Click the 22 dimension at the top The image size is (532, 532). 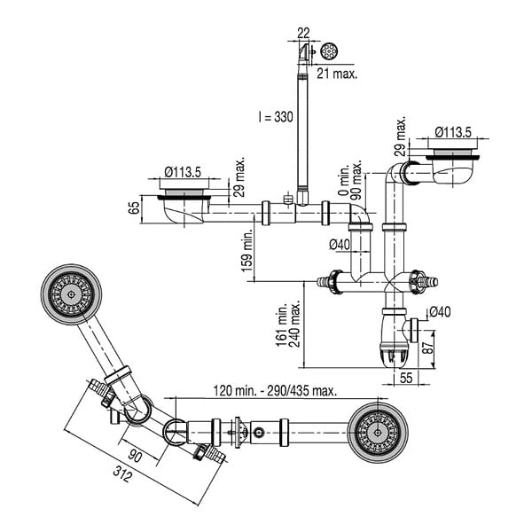(303, 33)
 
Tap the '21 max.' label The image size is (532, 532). (337, 74)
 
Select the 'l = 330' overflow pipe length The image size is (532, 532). (276, 117)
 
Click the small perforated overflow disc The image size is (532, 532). (329, 51)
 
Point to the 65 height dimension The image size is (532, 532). (135, 207)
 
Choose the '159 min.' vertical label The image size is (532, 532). (246, 250)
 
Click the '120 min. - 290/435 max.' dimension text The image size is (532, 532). (275, 391)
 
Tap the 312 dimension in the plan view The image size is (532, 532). (121, 474)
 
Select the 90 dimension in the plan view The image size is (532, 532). (135, 456)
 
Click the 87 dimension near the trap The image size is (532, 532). (429, 347)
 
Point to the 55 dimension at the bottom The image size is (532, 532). (406, 378)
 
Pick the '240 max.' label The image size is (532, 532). (294, 324)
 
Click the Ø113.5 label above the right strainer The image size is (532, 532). (453, 132)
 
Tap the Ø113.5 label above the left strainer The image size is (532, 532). (183, 172)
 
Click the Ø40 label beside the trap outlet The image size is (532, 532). (440, 311)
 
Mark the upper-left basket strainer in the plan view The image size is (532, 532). (71, 294)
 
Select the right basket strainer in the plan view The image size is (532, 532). (378, 433)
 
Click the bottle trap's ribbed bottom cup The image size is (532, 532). (393, 355)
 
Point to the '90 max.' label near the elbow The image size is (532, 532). (356, 180)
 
